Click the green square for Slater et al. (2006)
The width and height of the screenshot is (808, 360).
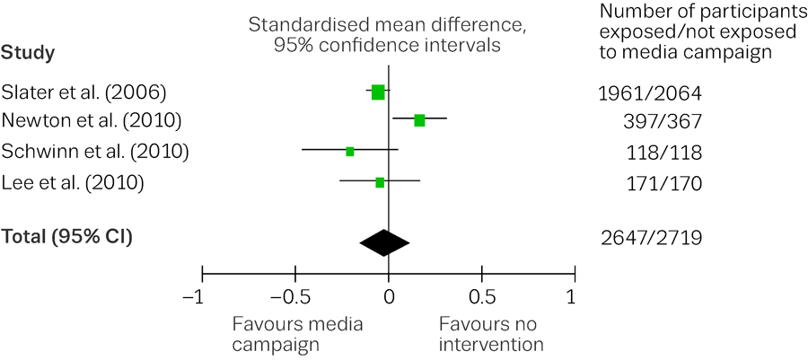(378, 92)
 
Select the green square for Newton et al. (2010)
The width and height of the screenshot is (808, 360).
(419, 120)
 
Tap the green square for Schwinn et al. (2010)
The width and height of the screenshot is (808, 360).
(350, 152)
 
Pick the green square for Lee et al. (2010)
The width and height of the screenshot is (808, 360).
(380, 182)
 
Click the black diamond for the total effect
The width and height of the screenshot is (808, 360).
(384, 242)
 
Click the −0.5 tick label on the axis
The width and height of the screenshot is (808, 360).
(294, 297)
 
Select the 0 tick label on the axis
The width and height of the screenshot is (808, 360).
(389, 297)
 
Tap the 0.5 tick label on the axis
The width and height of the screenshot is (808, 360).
(483, 297)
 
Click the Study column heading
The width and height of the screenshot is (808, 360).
(28, 53)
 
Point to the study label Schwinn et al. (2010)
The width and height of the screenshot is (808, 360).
(95, 152)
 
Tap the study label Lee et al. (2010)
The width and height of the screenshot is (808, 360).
(73, 183)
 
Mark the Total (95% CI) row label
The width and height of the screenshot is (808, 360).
(66, 237)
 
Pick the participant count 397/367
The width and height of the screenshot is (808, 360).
(664, 121)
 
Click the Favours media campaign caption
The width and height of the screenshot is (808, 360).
(297, 334)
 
